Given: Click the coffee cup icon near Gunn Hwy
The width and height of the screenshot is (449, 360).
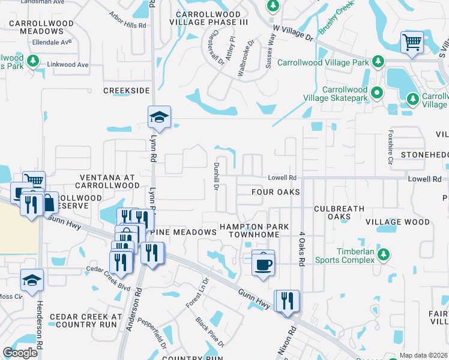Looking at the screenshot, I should point(263,263).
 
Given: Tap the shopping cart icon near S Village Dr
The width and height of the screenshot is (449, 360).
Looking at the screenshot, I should point(412,43).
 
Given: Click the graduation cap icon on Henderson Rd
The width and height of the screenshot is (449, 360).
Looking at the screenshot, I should point(32,280).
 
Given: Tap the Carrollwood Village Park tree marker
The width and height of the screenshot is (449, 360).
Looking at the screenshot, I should point(378,62).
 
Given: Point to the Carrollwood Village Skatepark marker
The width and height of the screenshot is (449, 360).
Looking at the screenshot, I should point(377,92).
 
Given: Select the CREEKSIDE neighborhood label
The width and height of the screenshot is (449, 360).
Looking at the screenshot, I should point(126,91).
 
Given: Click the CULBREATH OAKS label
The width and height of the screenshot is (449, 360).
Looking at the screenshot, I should point(339,212).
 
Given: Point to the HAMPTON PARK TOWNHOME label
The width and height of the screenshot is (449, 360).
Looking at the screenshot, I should point(254,232).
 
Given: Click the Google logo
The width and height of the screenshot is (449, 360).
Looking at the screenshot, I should point(20,353).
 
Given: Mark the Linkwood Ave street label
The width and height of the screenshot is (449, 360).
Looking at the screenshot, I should point(67,65).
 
